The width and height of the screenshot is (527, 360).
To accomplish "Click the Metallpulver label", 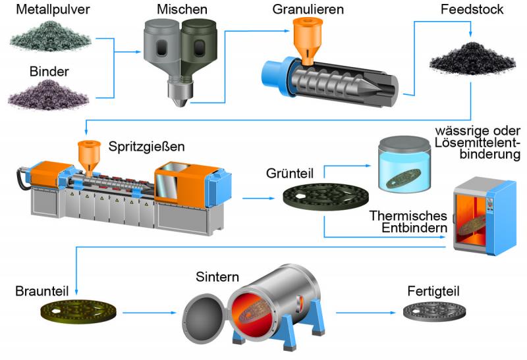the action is click(53, 9).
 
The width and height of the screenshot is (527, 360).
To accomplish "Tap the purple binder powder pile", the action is click(49, 95).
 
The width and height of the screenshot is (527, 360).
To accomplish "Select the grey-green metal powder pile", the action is click(51, 36).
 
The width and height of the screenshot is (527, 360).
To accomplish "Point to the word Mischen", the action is click(182, 9).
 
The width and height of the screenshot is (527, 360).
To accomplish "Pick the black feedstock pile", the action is click(472, 58).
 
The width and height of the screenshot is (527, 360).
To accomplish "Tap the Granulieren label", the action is click(308, 9).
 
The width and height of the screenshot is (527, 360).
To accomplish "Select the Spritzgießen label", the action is click(146, 146).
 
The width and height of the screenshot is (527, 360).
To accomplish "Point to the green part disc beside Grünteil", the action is click(325, 197).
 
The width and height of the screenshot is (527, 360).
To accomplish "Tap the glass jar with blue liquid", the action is click(404, 165).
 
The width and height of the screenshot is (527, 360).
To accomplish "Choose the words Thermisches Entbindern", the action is click(408, 222).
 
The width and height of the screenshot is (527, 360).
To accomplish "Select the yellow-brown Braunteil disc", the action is click(78, 312).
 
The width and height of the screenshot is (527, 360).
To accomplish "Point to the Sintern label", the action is click(217, 276).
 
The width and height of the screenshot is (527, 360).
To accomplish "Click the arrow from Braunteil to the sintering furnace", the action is click(150, 313).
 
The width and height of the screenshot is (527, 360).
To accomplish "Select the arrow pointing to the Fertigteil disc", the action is click(366, 313).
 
